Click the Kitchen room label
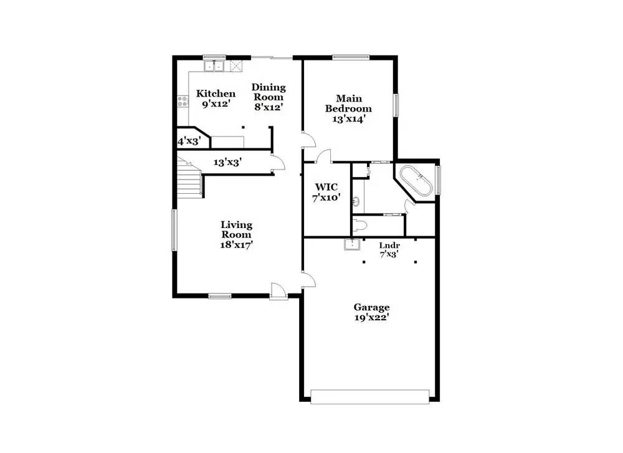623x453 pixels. click(x=216, y=94)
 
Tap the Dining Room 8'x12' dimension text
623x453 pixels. click(x=269, y=107)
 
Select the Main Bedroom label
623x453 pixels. click(x=348, y=103)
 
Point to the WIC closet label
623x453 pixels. click(x=326, y=187)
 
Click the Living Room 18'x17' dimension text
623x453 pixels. click(x=237, y=245)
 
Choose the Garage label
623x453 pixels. click(x=371, y=307)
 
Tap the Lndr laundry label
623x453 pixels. click(x=389, y=246)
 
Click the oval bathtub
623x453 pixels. click(x=415, y=181)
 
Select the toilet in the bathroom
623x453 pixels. click(x=359, y=226)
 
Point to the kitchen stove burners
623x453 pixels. click(x=183, y=101)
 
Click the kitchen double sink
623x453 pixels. click(x=214, y=66)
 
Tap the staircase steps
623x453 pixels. click(x=189, y=177)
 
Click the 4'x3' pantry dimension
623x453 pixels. click(x=188, y=141)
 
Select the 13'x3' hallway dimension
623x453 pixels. click(x=227, y=162)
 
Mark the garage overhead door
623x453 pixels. click(x=370, y=396)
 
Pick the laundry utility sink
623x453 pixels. click(x=351, y=244)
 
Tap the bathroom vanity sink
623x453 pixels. click(x=356, y=202)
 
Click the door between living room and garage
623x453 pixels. click(x=308, y=279)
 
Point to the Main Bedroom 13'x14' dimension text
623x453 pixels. click(x=348, y=118)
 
